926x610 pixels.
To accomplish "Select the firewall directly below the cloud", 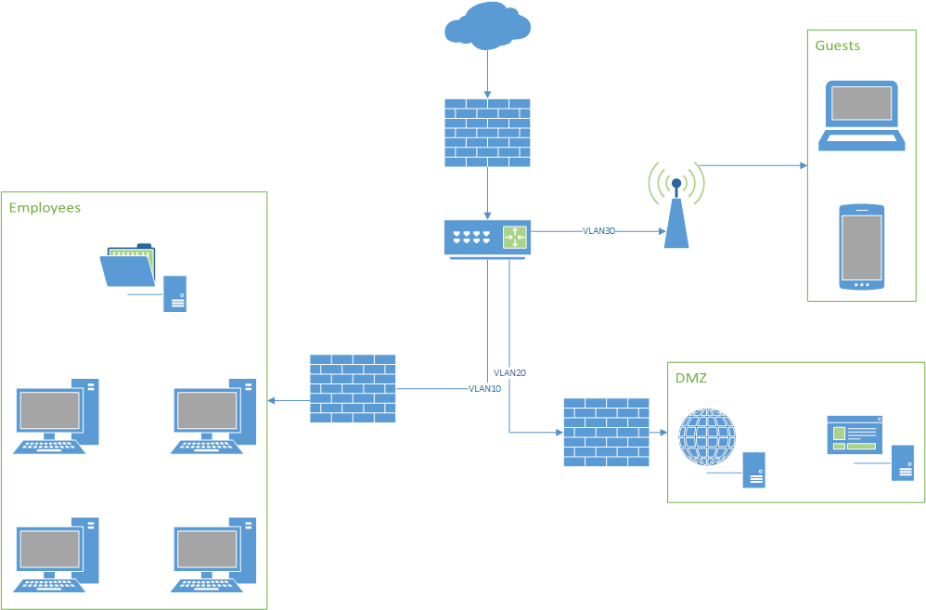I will pyautogui.click(x=487, y=133).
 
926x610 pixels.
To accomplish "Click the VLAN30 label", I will pyautogui.click(x=598, y=230).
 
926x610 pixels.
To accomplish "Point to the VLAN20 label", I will pyautogui.click(x=510, y=372).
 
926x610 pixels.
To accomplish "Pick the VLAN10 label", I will pyautogui.click(x=484, y=389).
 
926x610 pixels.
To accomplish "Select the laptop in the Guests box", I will pyautogui.click(x=861, y=115).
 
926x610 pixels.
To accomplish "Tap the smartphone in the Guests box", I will pyautogui.click(x=861, y=247).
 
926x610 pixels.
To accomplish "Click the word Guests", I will pyautogui.click(x=837, y=45).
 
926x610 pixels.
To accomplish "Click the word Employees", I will pyautogui.click(x=45, y=208).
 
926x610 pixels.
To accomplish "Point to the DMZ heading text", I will pyautogui.click(x=690, y=378).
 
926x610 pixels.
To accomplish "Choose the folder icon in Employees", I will pyautogui.click(x=128, y=266).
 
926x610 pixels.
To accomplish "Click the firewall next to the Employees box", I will pyautogui.click(x=352, y=389).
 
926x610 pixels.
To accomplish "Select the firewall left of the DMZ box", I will pyautogui.click(x=606, y=432).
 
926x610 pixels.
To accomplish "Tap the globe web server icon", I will pyautogui.click(x=707, y=437).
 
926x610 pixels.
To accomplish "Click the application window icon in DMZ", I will pyautogui.click(x=854, y=435).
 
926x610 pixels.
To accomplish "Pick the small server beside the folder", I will pyautogui.click(x=174, y=293).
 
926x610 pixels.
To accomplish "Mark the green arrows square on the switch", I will pyautogui.click(x=514, y=237).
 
